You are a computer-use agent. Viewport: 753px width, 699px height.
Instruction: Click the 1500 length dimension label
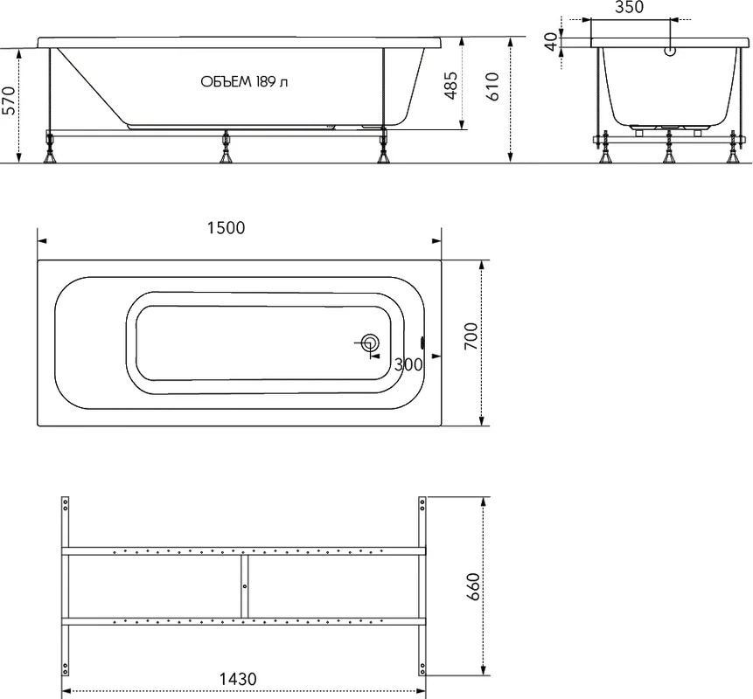(227, 227)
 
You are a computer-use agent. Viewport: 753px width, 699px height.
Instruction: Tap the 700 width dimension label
(471, 336)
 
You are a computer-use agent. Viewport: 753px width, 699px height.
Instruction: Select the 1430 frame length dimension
(238, 679)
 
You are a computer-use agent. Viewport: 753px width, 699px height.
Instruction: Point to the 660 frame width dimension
(473, 587)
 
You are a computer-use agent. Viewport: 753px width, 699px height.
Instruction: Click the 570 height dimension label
(9, 100)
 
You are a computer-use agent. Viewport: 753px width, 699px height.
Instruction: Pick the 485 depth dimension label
(450, 86)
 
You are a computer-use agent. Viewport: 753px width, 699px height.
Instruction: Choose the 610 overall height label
(492, 87)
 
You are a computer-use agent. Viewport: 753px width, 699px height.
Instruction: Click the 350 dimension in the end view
(629, 7)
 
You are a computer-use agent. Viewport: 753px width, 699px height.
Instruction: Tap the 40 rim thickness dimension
(552, 41)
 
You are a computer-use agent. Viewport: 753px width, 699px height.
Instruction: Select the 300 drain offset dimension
(408, 364)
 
